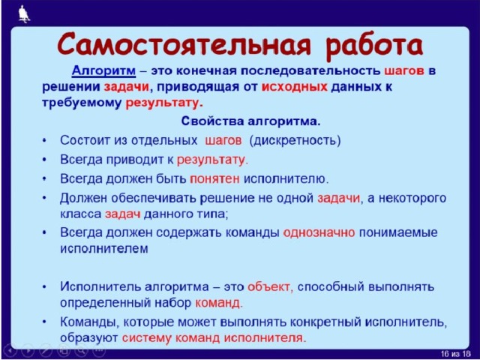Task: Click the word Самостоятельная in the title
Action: tap(184, 45)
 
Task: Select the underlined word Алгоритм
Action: tap(103, 71)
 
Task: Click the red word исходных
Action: tap(295, 87)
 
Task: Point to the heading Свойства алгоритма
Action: tap(250, 121)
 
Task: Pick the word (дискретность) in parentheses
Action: tap(295, 141)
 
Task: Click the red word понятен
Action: tap(214, 178)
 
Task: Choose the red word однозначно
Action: tap(319, 232)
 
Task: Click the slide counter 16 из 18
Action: tap(456, 353)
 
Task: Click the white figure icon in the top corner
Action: tap(24, 13)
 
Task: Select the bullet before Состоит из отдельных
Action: tap(45, 141)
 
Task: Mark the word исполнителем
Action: tap(104, 248)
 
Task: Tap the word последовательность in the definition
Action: tap(310, 71)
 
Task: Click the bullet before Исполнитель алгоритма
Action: tap(45, 286)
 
